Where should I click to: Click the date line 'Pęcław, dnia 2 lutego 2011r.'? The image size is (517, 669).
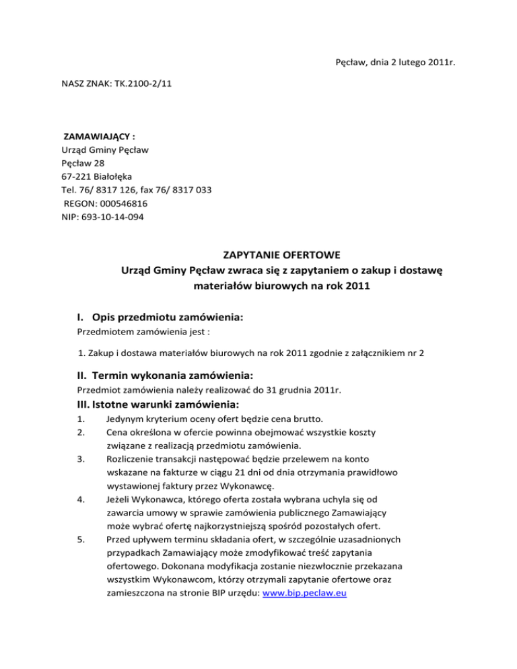click(x=395, y=63)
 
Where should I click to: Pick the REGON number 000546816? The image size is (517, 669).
click(x=124, y=203)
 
